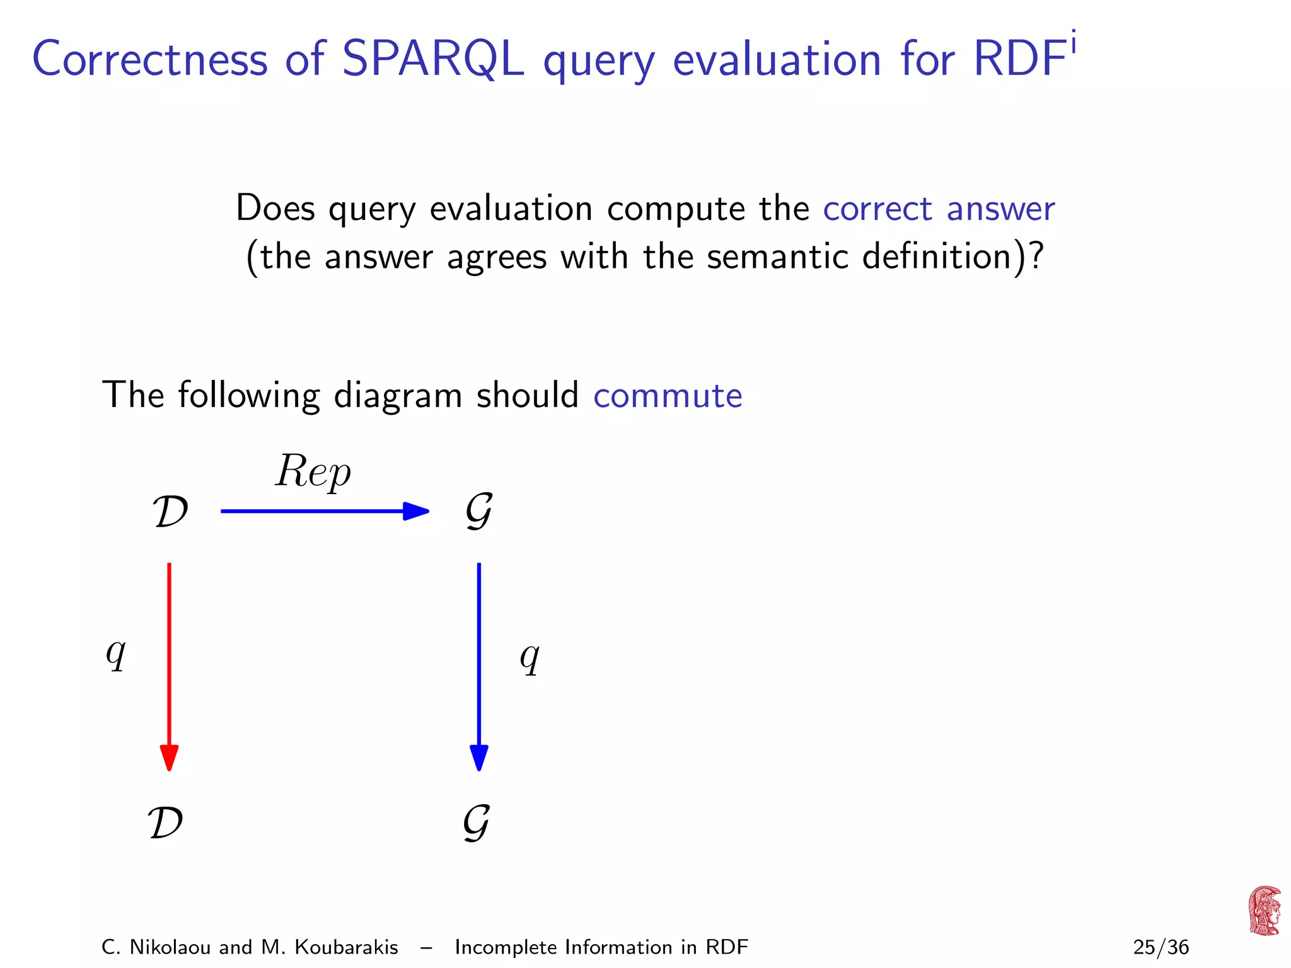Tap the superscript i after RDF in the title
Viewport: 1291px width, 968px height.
point(1073,44)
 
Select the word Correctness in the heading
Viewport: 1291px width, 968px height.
point(150,59)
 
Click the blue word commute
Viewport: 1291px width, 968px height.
point(668,396)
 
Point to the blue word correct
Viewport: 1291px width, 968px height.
point(877,209)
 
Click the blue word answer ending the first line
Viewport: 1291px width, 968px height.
point(1000,209)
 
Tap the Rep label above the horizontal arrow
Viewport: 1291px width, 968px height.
point(313,471)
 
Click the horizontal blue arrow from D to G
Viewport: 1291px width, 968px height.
point(325,510)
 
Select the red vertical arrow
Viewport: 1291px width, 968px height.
point(169,665)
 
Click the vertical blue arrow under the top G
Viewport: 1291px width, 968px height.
point(479,665)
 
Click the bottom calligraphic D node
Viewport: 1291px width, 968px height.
point(166,822)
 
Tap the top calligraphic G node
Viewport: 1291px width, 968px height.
point(479,511)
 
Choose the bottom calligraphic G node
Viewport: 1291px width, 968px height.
point(477,822)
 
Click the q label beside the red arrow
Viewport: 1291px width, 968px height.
point(116,654)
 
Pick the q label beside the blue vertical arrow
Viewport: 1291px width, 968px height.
point(530,657)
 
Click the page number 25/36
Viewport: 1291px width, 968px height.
point(1161,947)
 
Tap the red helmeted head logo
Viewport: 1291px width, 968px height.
point(1265,910)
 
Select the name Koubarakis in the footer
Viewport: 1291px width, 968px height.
point(346,947)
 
